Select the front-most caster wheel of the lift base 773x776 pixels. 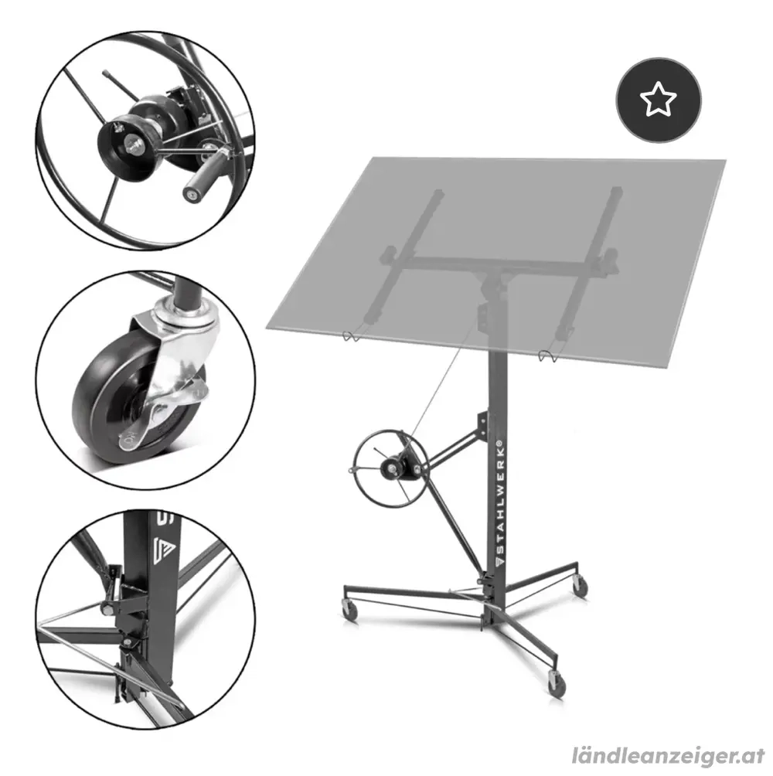pyautogui.click(x=556, y=683)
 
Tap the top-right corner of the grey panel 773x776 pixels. pyautogui.click(x=724, y=161)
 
